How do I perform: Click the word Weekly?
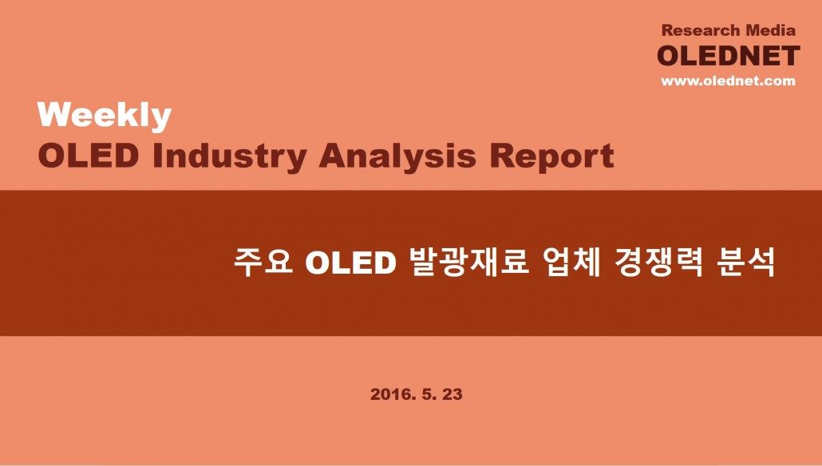pos(105,116)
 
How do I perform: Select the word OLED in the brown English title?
pos(88,156)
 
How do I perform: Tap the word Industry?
pos(229,157)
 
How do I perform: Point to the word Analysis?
pos(397,157)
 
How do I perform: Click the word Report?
pos(551,157)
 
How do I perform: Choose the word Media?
pos(771,30)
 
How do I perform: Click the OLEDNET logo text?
pos(728,56)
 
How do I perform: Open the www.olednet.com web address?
pos(728,81)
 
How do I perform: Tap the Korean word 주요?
pos(263,262)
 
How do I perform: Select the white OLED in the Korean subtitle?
pos(350,263)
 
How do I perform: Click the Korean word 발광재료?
pos(468,262)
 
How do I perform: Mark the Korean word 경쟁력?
pos(658,262)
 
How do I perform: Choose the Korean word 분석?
pos(745,262)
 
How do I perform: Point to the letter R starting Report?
pos(502,156)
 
